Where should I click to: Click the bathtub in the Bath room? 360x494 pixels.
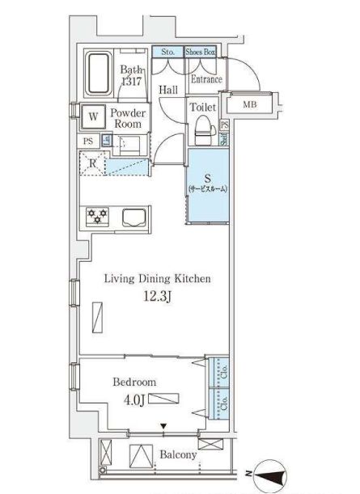coord(99,74)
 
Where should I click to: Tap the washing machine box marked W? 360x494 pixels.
coord(93,116)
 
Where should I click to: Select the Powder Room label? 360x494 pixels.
coord(127,119)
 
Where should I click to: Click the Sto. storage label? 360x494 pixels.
coord(168,53)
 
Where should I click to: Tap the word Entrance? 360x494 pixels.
coord(205,78)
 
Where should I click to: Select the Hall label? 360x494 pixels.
coord(168,90)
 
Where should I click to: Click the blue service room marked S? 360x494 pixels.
coord(208,184)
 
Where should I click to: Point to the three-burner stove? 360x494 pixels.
coord(99,216)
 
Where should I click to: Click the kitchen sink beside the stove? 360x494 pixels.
coord(133,216)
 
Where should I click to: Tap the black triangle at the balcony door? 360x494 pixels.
coord(164,426)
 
